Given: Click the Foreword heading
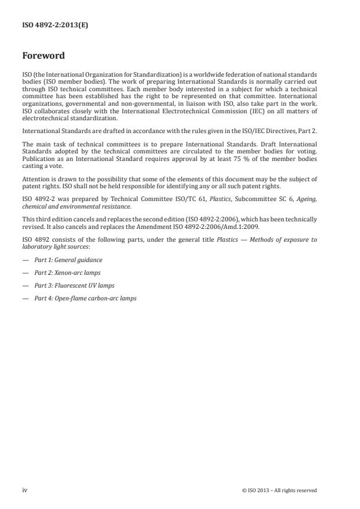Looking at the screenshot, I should [x=43, y=56].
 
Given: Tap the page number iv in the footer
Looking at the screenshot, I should [x=25, y=490].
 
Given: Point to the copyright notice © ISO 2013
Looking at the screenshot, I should [x=279, y=490].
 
